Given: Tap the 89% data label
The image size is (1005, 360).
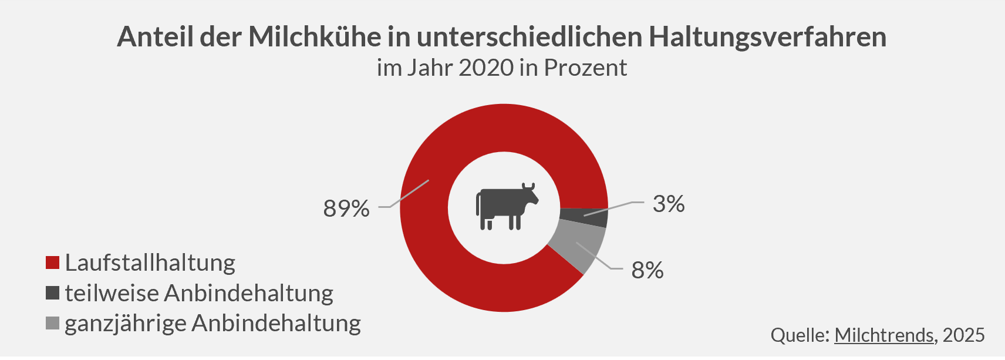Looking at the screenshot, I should click(346, 208).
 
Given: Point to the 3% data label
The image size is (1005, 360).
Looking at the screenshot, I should click(669, 204).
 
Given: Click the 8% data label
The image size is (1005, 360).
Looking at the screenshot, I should click(647, 270).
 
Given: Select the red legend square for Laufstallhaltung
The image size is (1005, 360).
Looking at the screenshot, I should click(53, 263).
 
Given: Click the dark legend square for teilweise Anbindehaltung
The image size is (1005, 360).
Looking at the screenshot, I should click(53, 293).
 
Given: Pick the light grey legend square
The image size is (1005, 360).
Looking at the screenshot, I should click(53, 323).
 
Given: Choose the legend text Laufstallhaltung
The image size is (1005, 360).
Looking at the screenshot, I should click(150, 263).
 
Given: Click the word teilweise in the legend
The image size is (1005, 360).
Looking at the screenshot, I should click(111, 293).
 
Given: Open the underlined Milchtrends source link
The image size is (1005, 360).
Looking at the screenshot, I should click(883, 335).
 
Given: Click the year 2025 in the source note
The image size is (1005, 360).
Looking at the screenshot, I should click(964, 335).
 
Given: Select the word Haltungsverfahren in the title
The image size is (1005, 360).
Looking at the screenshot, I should click(767, 37).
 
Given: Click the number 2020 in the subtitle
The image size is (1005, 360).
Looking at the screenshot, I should click(486, 68).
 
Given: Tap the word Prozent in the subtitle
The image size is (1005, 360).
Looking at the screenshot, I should click(585, 68).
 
